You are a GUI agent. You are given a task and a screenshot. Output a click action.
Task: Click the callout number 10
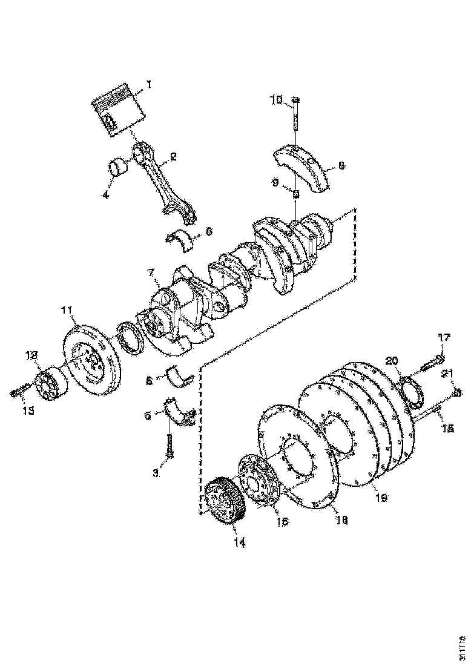276,99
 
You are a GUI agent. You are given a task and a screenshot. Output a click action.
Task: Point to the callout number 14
240,543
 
